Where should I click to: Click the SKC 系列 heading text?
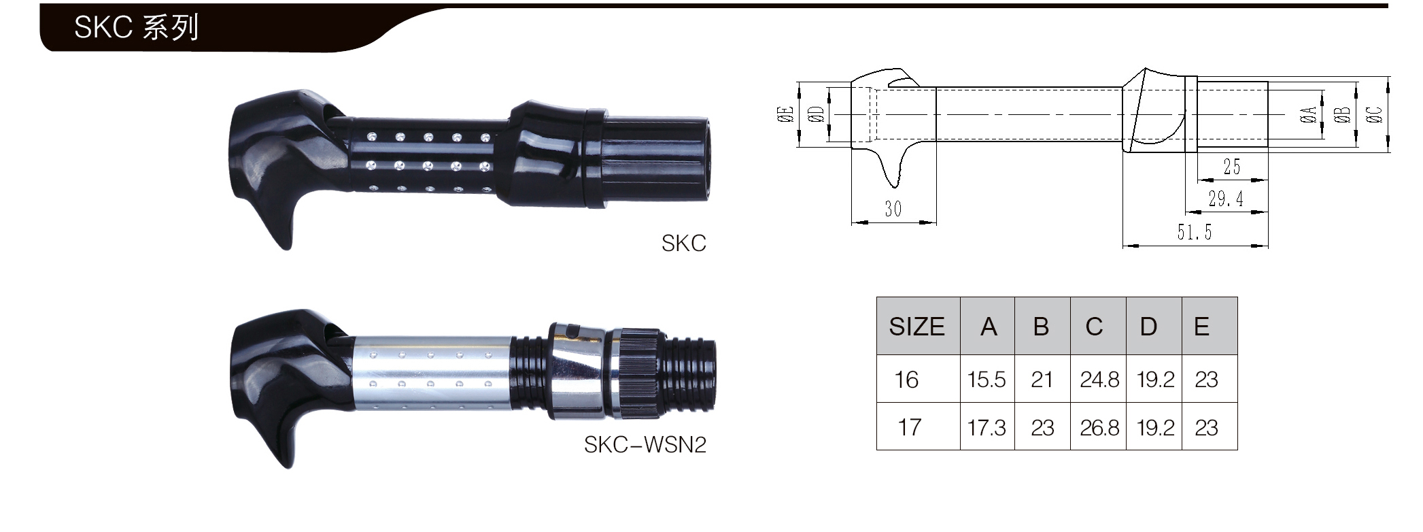click(x=136, y=27)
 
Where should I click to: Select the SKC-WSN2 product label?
click(x=645, y=444)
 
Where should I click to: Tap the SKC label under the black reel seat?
click(x=684, y=243)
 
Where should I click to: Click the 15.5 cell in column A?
click(x=987, y=379)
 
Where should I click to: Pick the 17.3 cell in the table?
click(x=987, y=427)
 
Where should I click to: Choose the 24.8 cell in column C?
click(x=1099, y=379)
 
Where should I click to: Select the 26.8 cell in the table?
click(x=1099, y=427)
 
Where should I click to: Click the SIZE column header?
click(x=916, y=327)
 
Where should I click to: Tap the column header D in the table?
click(x=1148, y=327)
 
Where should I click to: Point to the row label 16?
click(x=906, y=379)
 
